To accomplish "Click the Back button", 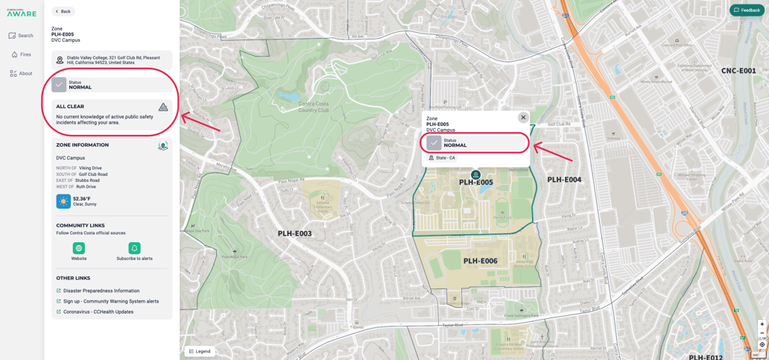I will pos(63,11).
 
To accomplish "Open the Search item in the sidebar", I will pos(21,36).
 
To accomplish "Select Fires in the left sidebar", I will pos(21,54).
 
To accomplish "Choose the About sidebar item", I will pos(21,74).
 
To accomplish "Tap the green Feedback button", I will pos(747,10).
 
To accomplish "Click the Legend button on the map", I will pos(200,351).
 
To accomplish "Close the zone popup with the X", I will pos(523,117).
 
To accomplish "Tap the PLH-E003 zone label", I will pos(294,233).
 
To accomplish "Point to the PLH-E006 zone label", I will pos(480,261).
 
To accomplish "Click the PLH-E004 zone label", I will pos(564,180).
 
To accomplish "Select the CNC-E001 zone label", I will pos(738,71).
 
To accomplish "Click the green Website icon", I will pos(79,248).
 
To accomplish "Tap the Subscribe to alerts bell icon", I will pos(134,248).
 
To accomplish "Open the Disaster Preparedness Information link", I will pos(101,291).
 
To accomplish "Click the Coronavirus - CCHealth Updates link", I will pos(98,312).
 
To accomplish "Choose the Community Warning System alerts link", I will pos(110,301).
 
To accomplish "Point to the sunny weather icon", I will pos(63,201).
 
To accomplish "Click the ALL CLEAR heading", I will pos(70,107).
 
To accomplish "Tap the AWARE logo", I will pos(21,13).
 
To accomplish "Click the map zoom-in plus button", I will pos(762,325).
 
